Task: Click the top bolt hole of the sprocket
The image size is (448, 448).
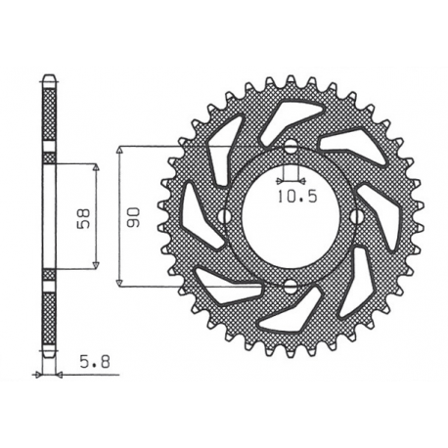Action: point(290,149)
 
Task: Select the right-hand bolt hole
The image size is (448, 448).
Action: point(356,216)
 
